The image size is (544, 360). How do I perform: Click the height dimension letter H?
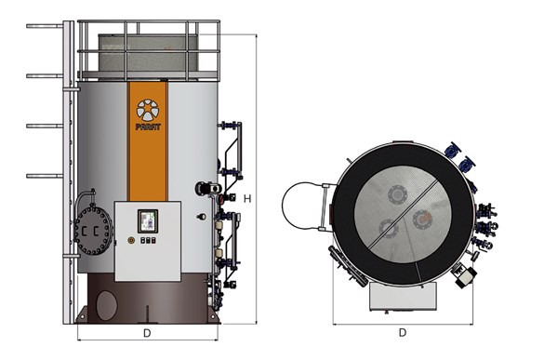click(x=247, y=198)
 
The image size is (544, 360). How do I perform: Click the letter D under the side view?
click(x=147, y=333)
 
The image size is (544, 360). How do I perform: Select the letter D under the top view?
click(x=403, y=333)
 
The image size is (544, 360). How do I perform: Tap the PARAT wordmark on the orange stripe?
click(x=148, y=127)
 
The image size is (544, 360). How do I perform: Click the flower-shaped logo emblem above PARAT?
click(x=148, y=110)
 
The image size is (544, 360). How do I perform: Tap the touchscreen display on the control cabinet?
click(x=148, y=220)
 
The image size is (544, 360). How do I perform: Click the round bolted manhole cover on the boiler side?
click(x=93, y=231)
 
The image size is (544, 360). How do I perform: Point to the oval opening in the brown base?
click(x=107, y=305)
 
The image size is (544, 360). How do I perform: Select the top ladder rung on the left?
click(x=45, y=26)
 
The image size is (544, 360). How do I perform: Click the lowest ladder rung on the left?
click(x=45, y=176)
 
